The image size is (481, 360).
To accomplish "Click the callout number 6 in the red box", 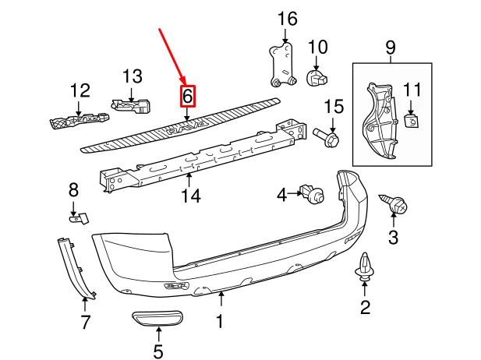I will click(187, 97).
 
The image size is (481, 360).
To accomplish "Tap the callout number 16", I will click(287, 18).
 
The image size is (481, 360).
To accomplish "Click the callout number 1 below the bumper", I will click(220, 320).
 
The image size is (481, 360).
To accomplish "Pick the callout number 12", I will click(81, 91).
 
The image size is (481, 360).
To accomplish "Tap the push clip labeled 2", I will click(365, 267).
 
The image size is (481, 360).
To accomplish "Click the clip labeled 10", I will click(317, 77).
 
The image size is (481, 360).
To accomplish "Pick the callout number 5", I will click(158, 352).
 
